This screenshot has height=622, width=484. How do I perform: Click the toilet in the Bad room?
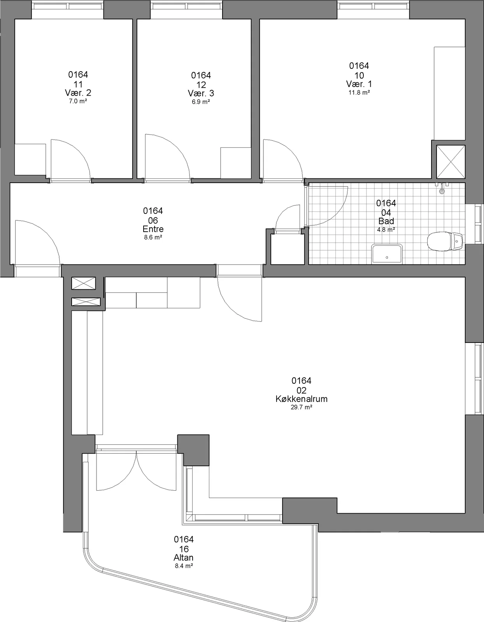[x=445, y=242]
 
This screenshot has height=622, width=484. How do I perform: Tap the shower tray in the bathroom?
[x=387, y=253]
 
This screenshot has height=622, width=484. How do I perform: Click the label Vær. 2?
[x=78, y=93]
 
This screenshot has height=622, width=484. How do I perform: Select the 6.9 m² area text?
[x=201, y=101]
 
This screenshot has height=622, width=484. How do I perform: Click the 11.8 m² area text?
[x=359, y=93]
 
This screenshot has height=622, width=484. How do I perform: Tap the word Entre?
[x=153, y=229]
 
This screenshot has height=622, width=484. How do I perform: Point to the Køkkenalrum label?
[x=302, y=399]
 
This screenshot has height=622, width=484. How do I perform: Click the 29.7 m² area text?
[x=302, y=407]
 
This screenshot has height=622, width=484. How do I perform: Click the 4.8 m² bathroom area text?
[x=386, y=229]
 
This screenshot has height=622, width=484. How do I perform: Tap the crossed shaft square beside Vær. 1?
[x=451, y=162]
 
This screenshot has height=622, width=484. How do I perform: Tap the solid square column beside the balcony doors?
[x=193, y=450]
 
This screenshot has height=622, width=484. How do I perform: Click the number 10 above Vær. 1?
[x=359, y=75]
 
